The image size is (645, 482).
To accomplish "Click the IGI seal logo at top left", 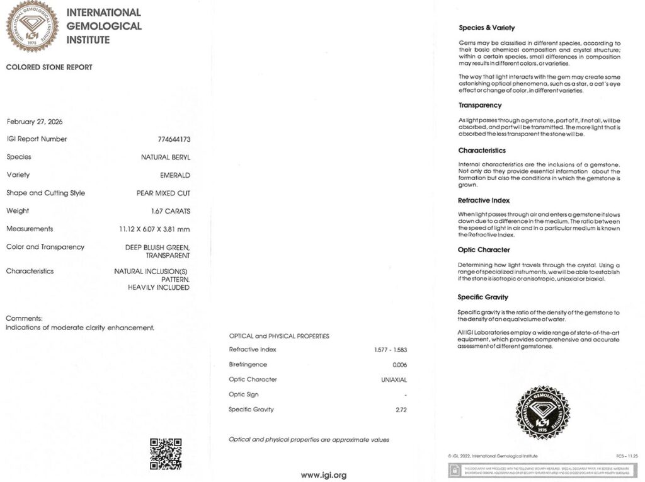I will [x=32, y=26].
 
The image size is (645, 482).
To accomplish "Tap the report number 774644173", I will [x=174, y=139].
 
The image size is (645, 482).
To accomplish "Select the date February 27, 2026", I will [x=35, y=122].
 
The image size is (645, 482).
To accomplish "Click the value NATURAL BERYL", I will [x=166, y=158].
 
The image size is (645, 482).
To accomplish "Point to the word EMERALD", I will [x=175, y=175].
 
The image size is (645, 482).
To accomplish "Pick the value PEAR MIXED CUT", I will [x=163, y=193].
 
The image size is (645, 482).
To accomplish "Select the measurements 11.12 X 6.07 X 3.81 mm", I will [x=154, y=229].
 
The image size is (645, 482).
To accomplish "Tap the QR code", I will [x=166, y=454].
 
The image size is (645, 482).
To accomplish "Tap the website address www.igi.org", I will [x=323, y=475].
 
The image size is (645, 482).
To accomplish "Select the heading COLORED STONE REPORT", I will [x=49, y=67].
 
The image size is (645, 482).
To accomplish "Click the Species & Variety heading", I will [x=486, y=28].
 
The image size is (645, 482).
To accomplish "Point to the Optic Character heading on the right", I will [x=484, y=250].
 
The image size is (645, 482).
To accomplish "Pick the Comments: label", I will [x=24, y=319].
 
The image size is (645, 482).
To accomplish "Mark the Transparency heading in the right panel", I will [x=480, y=105].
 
